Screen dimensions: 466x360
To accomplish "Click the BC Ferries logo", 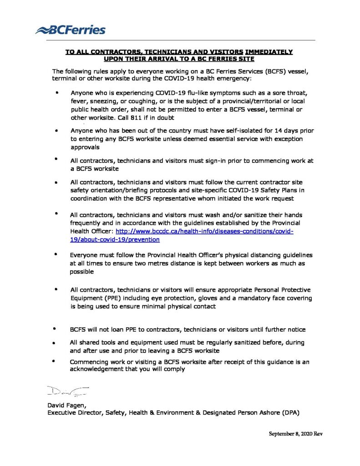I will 71,30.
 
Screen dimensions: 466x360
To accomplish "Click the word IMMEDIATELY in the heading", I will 269,52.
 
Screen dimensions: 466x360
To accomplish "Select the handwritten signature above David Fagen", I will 67,391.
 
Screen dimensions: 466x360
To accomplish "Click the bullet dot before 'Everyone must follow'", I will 56,254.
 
